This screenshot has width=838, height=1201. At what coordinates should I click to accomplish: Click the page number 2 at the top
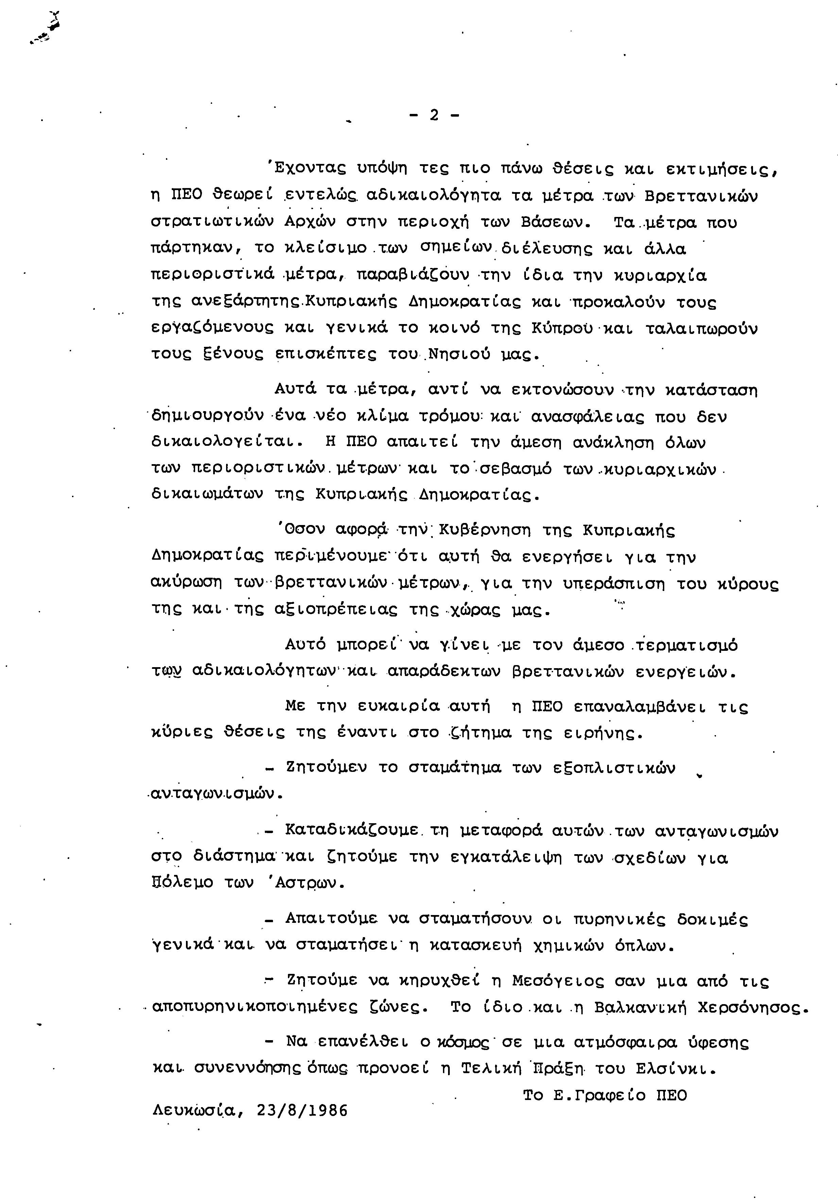point(434,115)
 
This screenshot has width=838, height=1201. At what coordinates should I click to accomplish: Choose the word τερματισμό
point(685,645)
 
